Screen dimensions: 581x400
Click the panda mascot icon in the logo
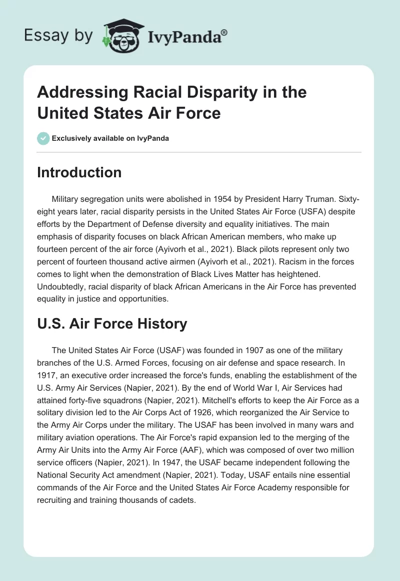(122, 35)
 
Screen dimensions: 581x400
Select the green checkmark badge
(43, 138)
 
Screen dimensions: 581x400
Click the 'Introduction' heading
(79, 172)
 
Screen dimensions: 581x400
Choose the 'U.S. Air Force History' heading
(112, 324)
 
